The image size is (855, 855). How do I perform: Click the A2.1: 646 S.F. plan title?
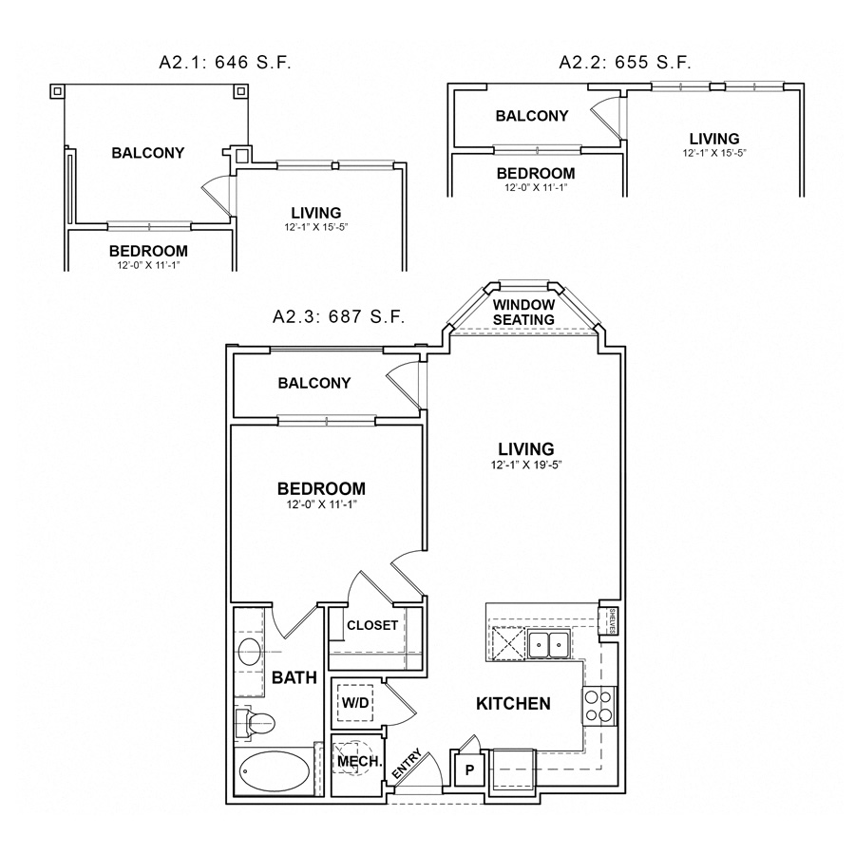(224, 64)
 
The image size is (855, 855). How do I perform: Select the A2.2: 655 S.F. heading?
(624, 64)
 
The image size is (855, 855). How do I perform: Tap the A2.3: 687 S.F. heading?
(338, 316)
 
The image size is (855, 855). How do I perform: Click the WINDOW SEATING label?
(523, 313)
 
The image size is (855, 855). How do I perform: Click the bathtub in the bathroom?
(272, 771)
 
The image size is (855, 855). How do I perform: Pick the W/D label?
(355, 704)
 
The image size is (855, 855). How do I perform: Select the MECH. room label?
(359, 762)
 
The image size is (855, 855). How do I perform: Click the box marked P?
(468, 769)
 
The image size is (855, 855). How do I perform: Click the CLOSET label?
(371, 625)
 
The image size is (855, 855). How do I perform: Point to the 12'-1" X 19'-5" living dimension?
(525, 465)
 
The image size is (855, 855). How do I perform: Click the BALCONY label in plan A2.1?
(147, 152)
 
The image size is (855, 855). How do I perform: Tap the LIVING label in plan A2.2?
(713, 138)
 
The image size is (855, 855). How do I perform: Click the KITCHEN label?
(513, 704)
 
